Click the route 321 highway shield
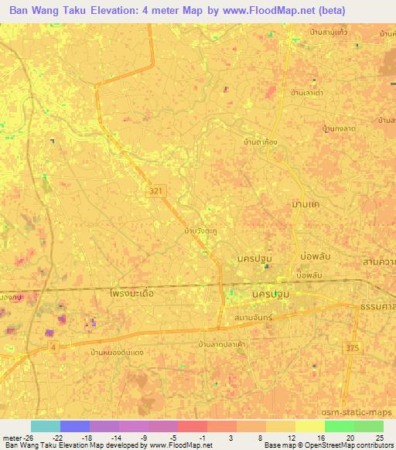click(157, 188)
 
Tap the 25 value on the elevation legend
click(379, 436)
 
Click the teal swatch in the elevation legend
click(46, 426)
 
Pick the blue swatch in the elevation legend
click(75, 426)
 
